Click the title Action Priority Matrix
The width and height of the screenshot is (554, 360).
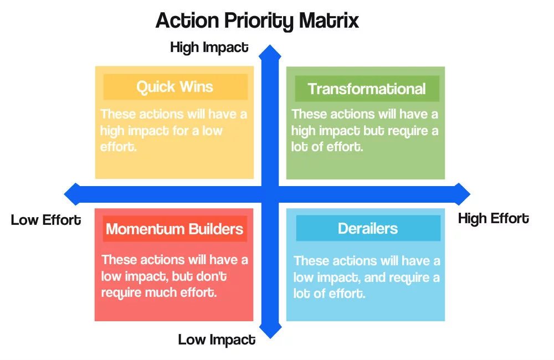tap(257, 21)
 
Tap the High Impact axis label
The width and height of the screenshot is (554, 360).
tap(209, 48)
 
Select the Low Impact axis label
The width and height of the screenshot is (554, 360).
tap(217, 340)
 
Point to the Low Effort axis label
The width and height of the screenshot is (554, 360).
tap(46, 220)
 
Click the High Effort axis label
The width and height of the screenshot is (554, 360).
tap(493, 219)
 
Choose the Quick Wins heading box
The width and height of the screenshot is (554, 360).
tap(175, 87)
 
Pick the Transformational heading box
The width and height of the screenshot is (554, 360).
tap(367, 89)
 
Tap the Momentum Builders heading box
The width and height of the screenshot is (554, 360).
tap(175, 229)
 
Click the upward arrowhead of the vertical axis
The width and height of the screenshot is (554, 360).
tap(270, 52)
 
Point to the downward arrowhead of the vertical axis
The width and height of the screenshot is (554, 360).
tap(270, 331)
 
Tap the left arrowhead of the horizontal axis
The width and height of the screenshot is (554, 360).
tap(72, 194)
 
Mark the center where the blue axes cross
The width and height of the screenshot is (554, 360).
tap(270, 194)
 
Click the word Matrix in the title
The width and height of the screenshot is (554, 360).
tap(329, 21)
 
